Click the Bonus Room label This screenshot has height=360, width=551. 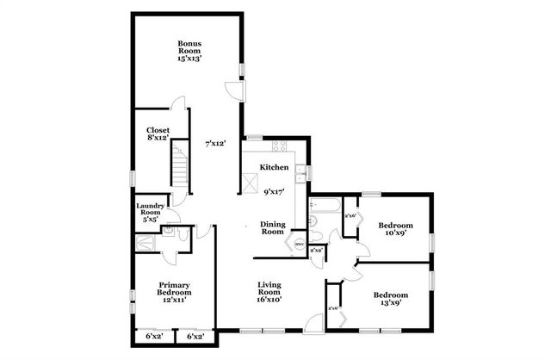[x=189, y=47]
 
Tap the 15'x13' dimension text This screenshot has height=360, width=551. [x=189, y=59]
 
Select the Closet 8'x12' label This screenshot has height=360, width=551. [x=158, y=134]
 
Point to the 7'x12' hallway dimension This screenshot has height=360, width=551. [x=214, y=143]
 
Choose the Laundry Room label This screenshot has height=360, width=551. [x=151, y=212]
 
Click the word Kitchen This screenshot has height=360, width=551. [x=265, y=167]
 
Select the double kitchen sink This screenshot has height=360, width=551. [x=299, y=172]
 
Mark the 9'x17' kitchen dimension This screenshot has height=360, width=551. [x=275, y=191]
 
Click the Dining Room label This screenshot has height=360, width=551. [x=273, y=227]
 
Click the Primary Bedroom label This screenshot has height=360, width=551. [x=174, y=289]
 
